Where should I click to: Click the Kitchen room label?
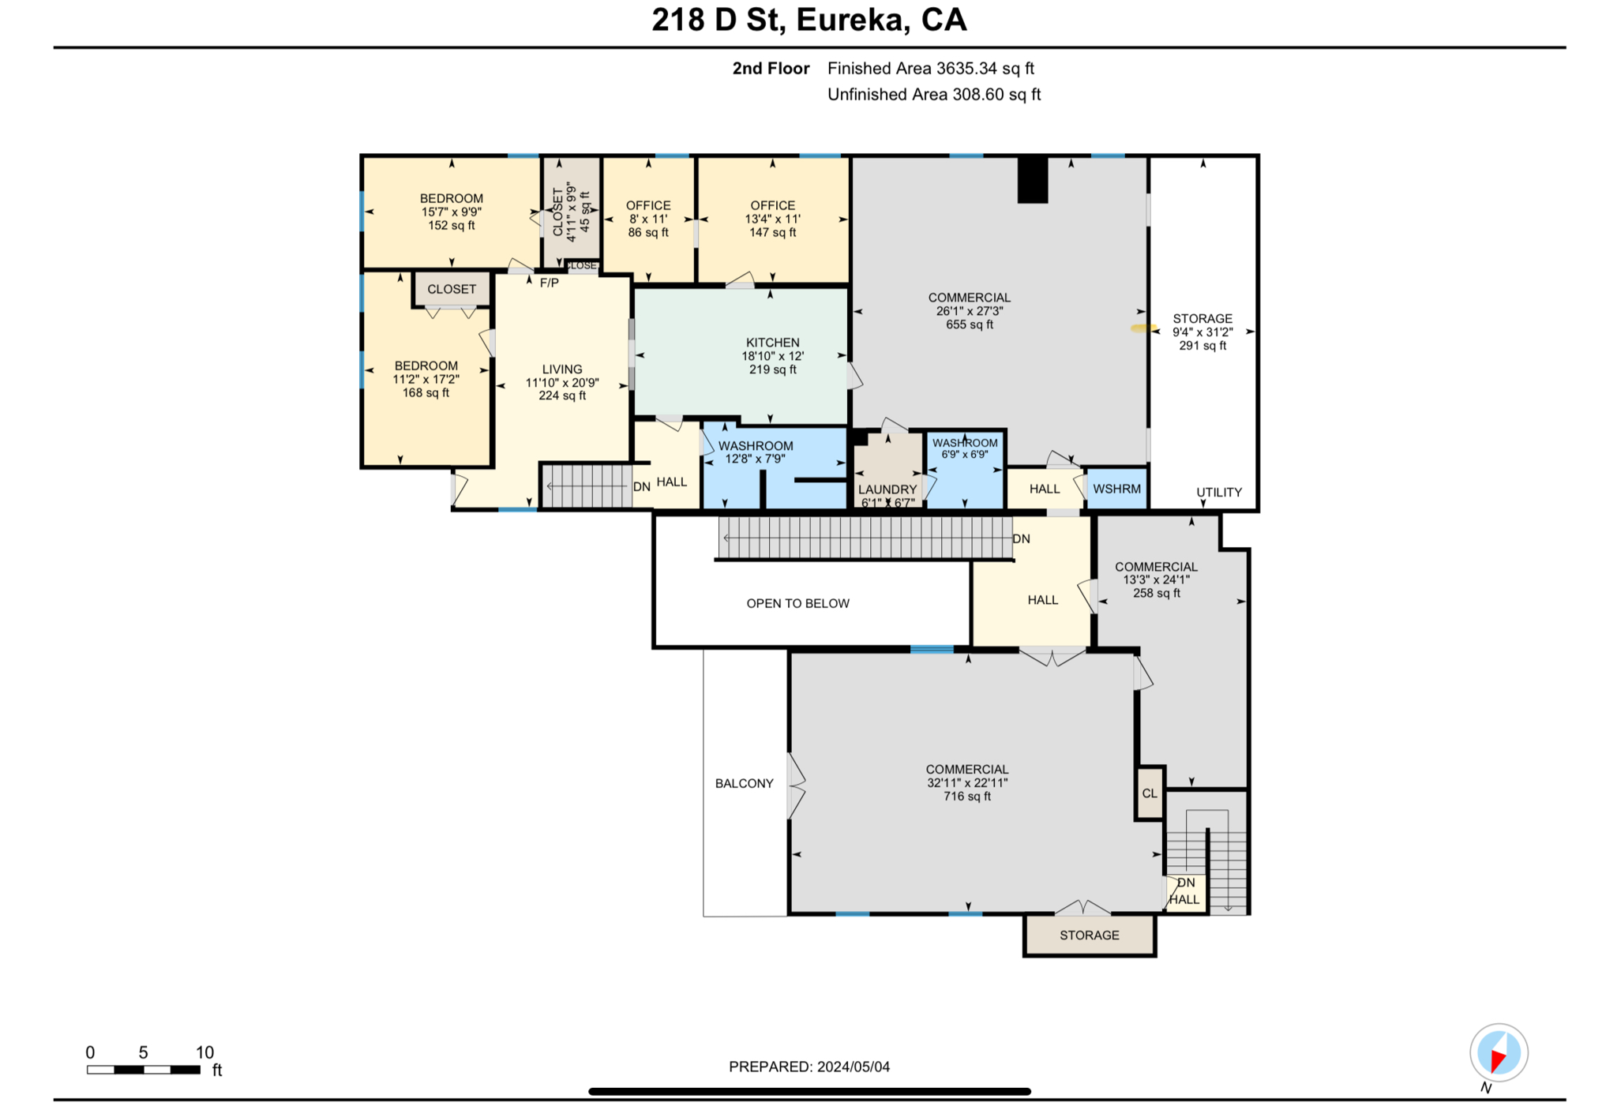[x=772, y=343]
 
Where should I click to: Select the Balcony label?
[x=744, y=783]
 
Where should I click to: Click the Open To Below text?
[x=797, y=603]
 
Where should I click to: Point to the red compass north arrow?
[x=1497, y=1059]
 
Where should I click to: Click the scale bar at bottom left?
[x=143, y=1070]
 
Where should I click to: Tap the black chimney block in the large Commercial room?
[x=1032, y=180]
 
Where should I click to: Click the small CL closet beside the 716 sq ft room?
[x=1150, y=793]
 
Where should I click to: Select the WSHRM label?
[x=1116, y=489]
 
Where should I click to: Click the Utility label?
[x=1218, y=492]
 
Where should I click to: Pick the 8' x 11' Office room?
[x=648, y=219]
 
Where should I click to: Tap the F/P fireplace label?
[x=549, y=283]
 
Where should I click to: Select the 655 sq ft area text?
[x=970, y=324]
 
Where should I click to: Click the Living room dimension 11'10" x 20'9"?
[x=562, y=383]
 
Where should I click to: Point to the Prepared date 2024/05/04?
[x=809, y=1067]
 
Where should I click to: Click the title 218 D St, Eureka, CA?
[x=808, y=20]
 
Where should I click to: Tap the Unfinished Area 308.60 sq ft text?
[x=933, y=95]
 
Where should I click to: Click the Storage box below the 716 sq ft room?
[x=1089, y=935]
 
